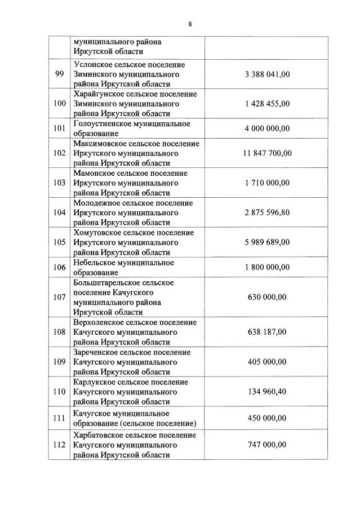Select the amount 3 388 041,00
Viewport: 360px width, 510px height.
point(267,74)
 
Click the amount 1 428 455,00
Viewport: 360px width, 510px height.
point(267,104)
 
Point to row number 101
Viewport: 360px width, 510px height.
point(59,128)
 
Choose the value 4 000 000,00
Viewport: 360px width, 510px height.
point(267,128)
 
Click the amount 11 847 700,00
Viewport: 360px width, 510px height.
point(267,153)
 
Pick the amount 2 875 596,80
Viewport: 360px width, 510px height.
point(267,212)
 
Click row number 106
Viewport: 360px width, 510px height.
point(59,267)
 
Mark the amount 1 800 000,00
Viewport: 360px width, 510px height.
point(267,267)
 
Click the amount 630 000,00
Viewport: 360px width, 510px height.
point(267,297)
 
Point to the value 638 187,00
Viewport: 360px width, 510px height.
point(267,332)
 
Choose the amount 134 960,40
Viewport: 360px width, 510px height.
point(267,392)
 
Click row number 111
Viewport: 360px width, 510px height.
point(59,418)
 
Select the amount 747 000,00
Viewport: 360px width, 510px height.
point(267,445)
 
